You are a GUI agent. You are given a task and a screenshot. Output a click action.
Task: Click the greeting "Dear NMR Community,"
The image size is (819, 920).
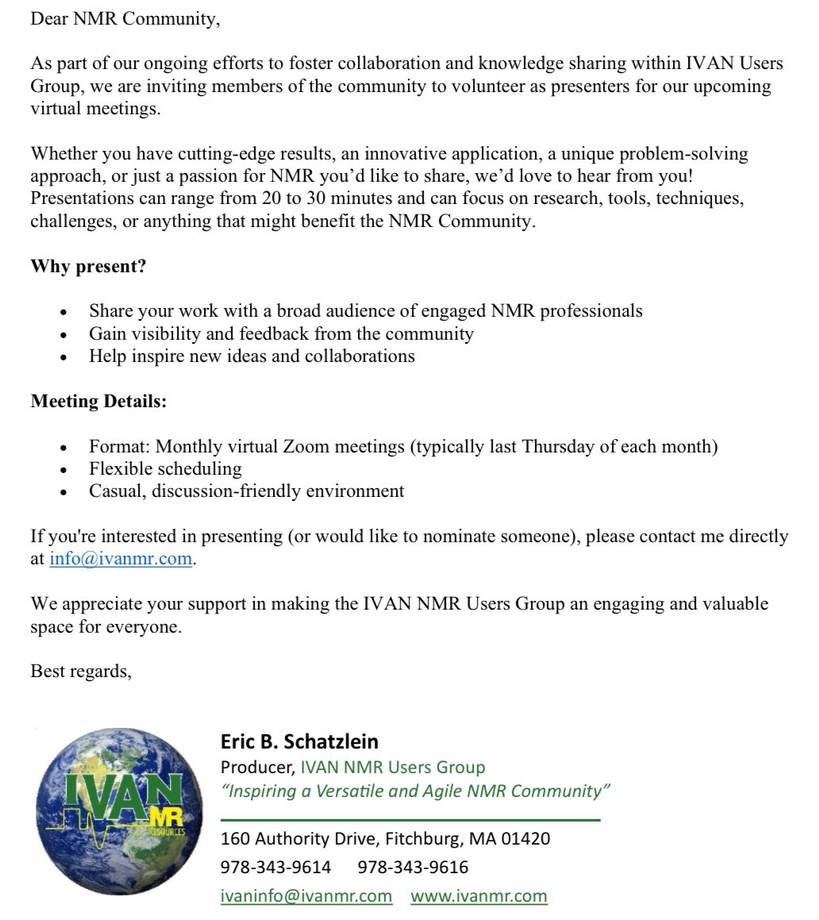click(125, 19)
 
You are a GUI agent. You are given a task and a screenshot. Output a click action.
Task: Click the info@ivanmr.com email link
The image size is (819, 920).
click(121, 558)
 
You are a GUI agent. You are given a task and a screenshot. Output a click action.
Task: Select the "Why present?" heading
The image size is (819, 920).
click(88, 266)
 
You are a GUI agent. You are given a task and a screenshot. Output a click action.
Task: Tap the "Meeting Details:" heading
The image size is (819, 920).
click(98, 402)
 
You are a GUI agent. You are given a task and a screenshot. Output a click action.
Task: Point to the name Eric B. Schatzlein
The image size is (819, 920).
click(299, 741)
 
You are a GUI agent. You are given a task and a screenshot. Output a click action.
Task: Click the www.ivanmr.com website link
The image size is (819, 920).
click(479, 896)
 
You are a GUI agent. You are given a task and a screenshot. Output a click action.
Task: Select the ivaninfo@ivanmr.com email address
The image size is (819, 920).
click(306, 896)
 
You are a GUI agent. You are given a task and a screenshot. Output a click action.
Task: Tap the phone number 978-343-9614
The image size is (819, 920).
click(275, 867)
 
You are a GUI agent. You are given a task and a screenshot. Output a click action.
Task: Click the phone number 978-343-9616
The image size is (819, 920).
click(413, 867)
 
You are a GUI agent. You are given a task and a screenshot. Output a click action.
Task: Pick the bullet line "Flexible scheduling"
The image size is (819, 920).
click(165, 468)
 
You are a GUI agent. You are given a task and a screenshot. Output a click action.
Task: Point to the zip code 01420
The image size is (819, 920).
click(525, 838)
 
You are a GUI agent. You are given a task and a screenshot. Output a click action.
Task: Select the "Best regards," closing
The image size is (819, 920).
click(81, 672)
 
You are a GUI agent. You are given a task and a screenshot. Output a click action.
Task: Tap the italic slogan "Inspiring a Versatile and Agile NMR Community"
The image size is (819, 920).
click(415, 791)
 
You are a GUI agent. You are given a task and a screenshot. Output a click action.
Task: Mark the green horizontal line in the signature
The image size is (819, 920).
click(410, 818)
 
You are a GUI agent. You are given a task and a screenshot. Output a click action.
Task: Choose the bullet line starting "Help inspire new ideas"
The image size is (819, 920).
click(252, 356)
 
